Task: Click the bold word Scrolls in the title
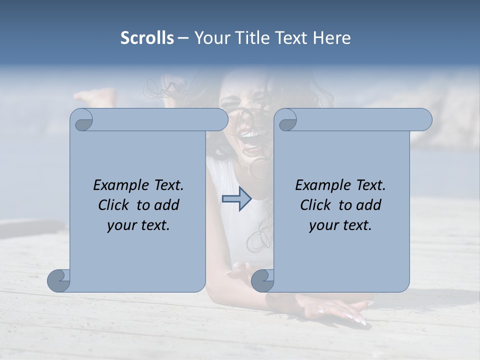pos(147,38)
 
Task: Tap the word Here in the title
pos(332,38)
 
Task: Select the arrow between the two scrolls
pos(236,199)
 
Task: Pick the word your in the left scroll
pos(120,225)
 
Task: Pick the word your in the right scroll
pos(322,225)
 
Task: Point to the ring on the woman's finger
pos(324,308)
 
